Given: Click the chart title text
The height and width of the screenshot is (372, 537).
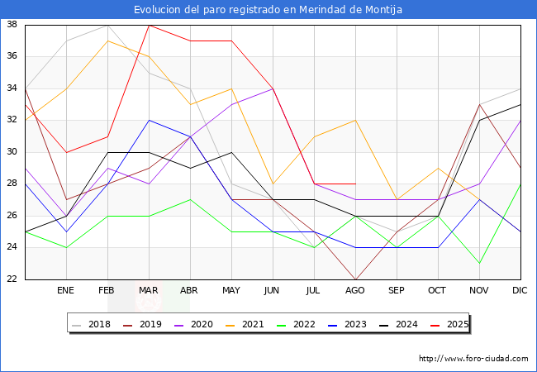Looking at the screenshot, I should [268, 10].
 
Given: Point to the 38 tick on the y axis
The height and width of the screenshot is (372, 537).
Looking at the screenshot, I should [13, 25].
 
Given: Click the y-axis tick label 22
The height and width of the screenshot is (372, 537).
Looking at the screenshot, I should [13, 279].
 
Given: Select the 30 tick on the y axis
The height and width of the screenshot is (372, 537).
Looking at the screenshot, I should [13, 152].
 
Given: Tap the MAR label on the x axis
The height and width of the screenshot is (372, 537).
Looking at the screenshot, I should [149, 291].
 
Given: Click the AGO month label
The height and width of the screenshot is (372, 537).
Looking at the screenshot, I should [355, 291].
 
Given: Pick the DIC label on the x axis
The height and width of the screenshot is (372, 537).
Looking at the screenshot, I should [520, 291].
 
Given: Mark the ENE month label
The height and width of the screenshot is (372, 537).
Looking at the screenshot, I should [66, 291].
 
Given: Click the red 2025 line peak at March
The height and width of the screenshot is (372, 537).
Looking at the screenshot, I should [149, 25].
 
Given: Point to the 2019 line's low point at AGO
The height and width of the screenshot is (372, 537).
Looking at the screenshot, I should [355, 279].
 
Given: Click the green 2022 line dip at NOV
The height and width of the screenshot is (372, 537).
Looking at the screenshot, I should [479, 264].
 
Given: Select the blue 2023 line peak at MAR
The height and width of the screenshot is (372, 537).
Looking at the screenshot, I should [149, 121].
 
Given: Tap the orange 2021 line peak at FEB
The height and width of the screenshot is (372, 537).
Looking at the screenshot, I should [107, 41].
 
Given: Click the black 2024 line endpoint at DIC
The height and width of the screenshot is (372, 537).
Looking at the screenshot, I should [520, 104].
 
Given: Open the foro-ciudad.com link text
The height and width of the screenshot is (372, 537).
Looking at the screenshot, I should [473, 359].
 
